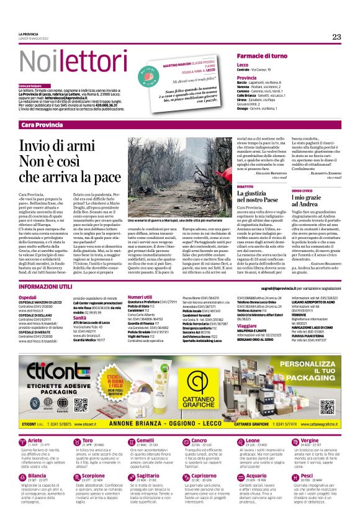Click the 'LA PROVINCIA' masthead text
click(x=29, y=34)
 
